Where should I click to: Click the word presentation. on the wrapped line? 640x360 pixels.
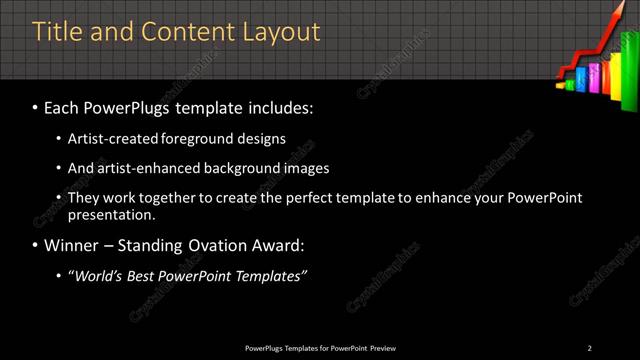coord(112,214)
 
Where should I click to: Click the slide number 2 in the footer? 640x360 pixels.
coord(589,347)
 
